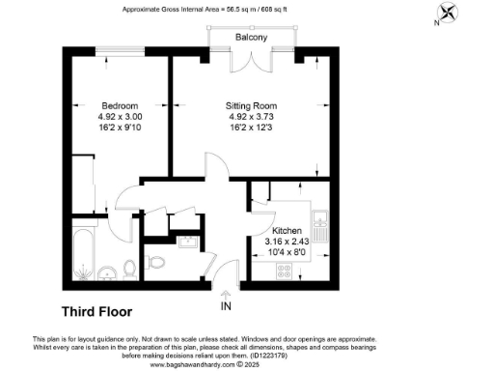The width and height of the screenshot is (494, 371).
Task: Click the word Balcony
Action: pos(253,38)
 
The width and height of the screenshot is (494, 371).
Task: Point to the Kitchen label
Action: pos(287,229)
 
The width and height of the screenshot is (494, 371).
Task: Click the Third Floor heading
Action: pos(96,312)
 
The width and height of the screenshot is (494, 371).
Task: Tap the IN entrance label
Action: pos(227,307)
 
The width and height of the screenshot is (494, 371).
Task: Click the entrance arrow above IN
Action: pos(227,293)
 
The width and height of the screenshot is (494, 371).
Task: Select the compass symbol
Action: pos(447,14)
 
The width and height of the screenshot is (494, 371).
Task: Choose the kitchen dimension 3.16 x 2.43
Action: pos(287,241)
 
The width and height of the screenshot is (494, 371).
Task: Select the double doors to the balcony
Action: pos(253,60)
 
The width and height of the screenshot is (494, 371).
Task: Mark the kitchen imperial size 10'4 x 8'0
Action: pos(287,251)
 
